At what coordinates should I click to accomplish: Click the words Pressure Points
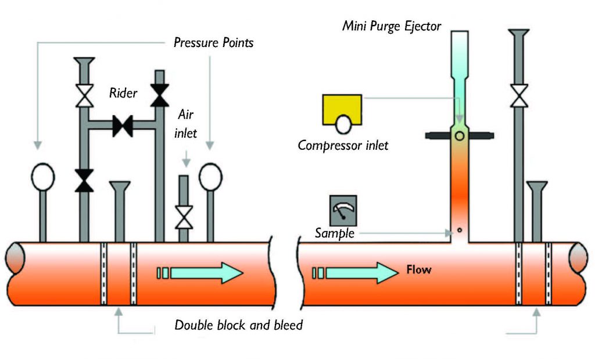click(x=213, y=43)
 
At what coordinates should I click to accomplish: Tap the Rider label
click(x=123, y=93)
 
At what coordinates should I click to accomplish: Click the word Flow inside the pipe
click(x=419, y=270)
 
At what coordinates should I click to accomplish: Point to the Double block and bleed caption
click(x=239, y=325)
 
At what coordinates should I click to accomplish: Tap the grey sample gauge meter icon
click(x=343, y=210)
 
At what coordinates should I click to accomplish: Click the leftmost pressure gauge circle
click(x=42, y=177)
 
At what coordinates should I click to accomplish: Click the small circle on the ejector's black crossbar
click(x=459, y=136)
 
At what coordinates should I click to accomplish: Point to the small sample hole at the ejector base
click(x=459, y=229)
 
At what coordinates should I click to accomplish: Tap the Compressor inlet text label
click(x=343, y=145)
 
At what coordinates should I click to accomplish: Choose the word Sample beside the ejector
click(x=334, y=233)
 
